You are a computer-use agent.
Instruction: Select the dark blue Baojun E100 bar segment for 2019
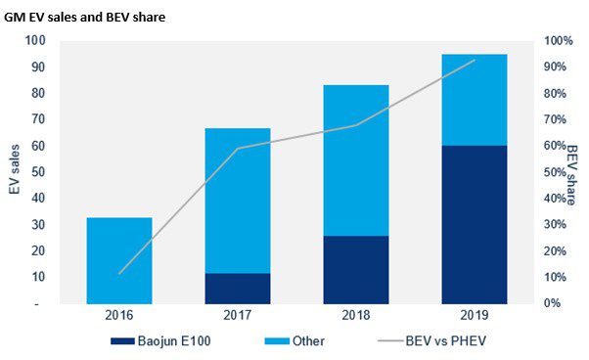(475, 225)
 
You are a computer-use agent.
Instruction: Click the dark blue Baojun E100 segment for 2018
(356, 269)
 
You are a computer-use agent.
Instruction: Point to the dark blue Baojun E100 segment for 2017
(238, 288)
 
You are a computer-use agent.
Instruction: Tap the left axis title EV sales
(16, 171)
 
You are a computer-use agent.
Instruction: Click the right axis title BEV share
(573, 171)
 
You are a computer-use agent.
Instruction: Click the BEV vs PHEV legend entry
(430, 341)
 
